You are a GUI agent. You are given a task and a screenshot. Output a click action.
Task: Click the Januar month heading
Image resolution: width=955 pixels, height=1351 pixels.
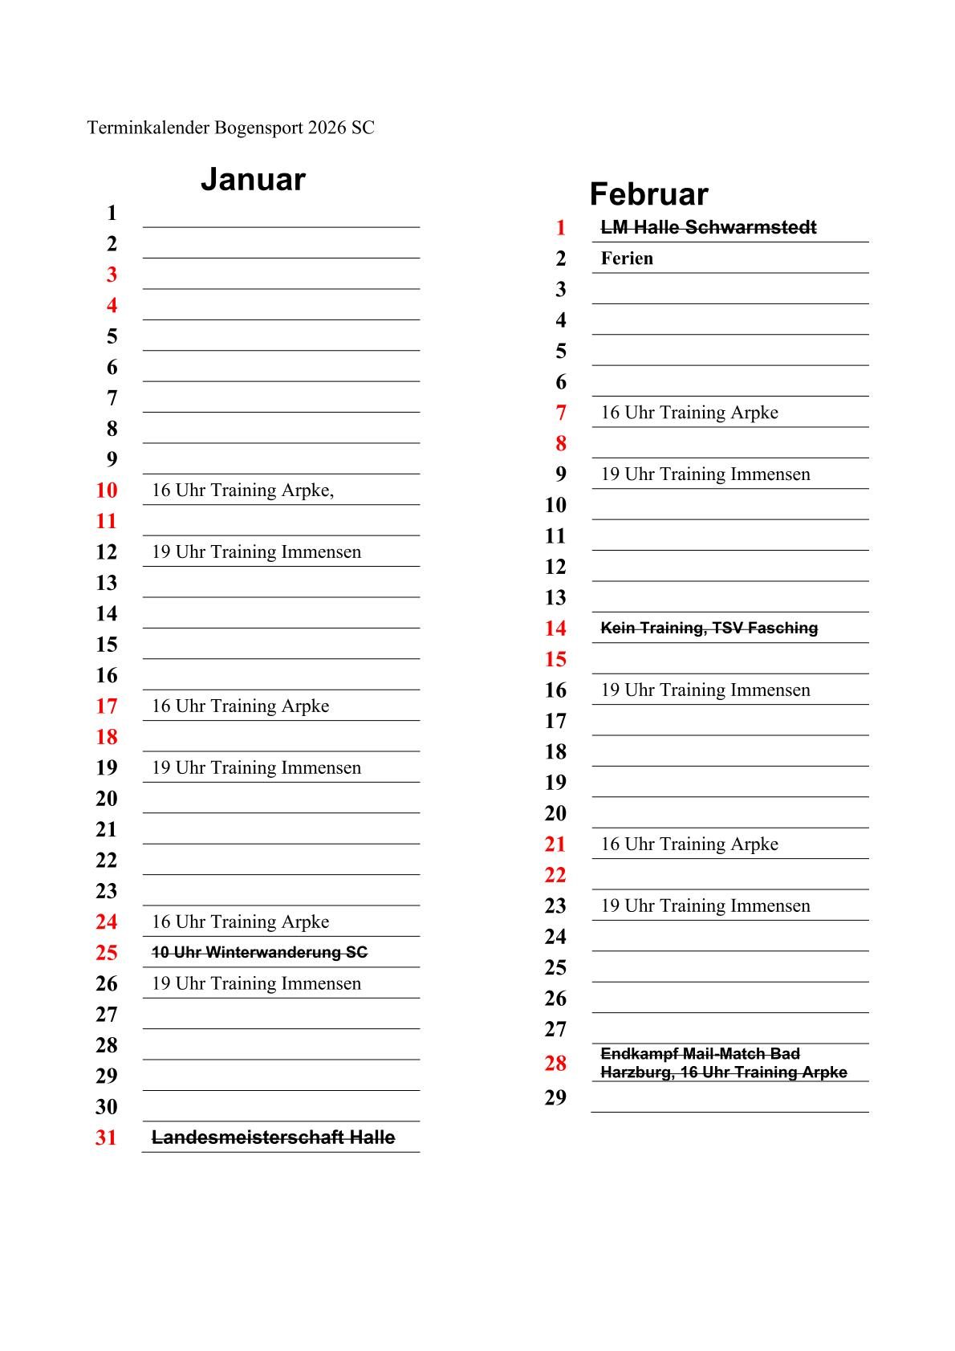click(x=253, y=179)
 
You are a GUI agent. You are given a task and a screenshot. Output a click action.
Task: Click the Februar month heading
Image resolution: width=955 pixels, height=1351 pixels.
click(x=648, y=194)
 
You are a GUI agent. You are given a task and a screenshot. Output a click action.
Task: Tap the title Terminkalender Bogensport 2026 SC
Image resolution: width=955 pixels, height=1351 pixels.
click(x=230, y=128)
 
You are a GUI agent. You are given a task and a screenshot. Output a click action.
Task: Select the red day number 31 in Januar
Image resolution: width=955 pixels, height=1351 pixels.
click(x=106, y=1137)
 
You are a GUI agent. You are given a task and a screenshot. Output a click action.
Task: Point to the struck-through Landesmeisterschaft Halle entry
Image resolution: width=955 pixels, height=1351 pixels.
click(x=273, y=1137)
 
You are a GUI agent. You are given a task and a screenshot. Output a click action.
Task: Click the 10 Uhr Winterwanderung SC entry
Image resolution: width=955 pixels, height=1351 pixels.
click(x=259, y=952)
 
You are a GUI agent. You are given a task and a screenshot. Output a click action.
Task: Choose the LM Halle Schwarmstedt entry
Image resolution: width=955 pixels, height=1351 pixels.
click(x=708, y=227)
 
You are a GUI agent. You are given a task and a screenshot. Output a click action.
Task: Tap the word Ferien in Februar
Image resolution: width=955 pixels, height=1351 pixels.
click(x=627, y=258)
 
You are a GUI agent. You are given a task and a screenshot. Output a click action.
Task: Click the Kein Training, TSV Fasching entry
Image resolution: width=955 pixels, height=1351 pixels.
click(x=709, y=628)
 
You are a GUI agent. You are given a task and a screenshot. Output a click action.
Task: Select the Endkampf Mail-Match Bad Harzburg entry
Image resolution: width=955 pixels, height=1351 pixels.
click(x=723, y=1063)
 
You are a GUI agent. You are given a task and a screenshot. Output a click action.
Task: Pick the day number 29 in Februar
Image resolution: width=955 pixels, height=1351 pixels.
click(x=555, y=1097)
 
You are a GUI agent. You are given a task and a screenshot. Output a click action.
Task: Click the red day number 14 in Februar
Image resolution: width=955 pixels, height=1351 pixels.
click(x=555, y=629)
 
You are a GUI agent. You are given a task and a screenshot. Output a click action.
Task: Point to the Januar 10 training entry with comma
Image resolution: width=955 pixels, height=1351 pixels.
click(x=242, y=490)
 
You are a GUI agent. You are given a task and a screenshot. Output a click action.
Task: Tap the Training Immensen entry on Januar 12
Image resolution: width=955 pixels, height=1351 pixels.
click(x=256, y=552)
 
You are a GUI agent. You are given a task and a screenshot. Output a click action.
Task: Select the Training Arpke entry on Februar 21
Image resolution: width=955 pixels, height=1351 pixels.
click(x=689, y=844)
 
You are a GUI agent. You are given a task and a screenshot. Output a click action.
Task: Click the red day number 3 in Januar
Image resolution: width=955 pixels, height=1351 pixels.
click(x=112, y=275)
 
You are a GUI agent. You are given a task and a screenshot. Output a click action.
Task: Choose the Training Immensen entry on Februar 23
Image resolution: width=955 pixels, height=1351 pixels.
click(x=705, y=906)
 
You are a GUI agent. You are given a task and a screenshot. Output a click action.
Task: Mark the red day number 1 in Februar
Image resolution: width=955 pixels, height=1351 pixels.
click(x=560, y=228)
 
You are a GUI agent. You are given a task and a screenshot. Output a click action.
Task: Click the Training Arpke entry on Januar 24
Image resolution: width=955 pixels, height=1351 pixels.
click(x=240, y=922)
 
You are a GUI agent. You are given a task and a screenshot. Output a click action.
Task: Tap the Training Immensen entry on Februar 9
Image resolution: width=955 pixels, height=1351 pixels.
click(x=705, y=474)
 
